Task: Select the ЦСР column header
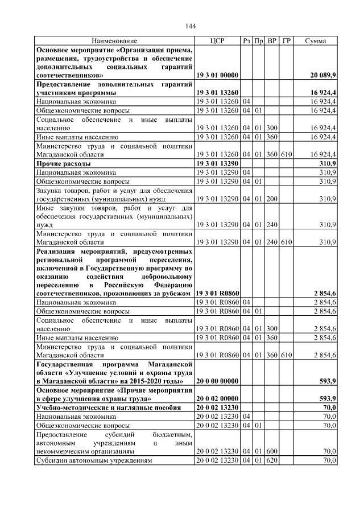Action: pos(217,42)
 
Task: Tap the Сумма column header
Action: pos(315,42)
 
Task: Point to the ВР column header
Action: pos(272,42)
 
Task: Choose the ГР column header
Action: pos(286,42)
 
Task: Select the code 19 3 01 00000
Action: pos(217,75)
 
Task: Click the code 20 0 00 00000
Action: pos(217,381)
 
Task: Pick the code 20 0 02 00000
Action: pos(217,398)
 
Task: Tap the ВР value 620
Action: pos(272,460)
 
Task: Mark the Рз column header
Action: pos(246,42)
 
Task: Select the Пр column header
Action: pos(258,42)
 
